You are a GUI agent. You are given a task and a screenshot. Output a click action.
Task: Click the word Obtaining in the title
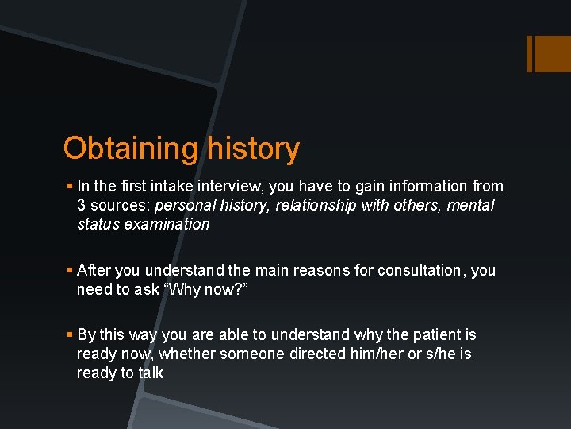(131, 149)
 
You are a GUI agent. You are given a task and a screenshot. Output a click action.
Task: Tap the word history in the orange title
(253, 149)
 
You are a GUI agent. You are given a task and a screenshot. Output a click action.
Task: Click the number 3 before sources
(81, 206)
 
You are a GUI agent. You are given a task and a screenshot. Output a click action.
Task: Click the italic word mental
(470, 206)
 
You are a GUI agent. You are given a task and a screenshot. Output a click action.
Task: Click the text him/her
(377, 354)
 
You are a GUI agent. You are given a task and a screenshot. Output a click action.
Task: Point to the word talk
(150, 373)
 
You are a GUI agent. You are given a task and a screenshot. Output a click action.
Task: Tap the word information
(427, 187)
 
